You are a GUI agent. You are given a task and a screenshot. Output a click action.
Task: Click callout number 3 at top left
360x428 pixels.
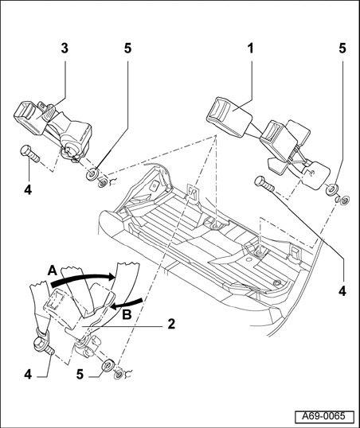point(65,49)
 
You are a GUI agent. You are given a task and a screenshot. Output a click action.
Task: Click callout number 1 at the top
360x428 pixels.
point(250,49)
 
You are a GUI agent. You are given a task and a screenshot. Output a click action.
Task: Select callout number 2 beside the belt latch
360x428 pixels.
point(171,324)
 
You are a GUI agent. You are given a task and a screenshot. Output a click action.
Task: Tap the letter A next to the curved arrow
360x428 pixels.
point(53,270)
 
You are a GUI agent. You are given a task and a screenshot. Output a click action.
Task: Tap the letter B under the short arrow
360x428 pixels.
point(127,315)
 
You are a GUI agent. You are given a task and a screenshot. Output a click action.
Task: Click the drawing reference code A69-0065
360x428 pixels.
point(324,417)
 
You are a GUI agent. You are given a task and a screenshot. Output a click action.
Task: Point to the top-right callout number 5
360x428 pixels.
point(342,49)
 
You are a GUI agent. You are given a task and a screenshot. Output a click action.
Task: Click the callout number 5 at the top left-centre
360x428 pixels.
point(127,49)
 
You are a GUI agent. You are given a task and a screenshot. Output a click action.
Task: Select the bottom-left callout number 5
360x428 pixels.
point(80,375)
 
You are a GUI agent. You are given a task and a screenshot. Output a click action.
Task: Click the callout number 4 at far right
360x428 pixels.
point(342,291)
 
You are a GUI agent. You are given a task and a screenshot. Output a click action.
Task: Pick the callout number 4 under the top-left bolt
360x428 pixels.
point(28,189)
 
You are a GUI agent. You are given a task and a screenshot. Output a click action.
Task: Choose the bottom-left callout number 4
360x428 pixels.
point(28,375)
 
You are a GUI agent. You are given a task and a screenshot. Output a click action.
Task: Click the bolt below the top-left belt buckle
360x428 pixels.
point(29,154)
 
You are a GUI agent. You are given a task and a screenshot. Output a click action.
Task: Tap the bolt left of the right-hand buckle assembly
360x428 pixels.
point(264,184)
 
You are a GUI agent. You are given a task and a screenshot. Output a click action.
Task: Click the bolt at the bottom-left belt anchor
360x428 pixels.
point(43,344)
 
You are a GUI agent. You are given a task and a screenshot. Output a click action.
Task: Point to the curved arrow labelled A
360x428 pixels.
point(83,279)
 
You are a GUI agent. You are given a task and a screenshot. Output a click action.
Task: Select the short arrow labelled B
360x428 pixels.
point(127,304)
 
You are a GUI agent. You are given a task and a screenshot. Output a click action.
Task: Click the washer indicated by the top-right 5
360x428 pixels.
point(331,189)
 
